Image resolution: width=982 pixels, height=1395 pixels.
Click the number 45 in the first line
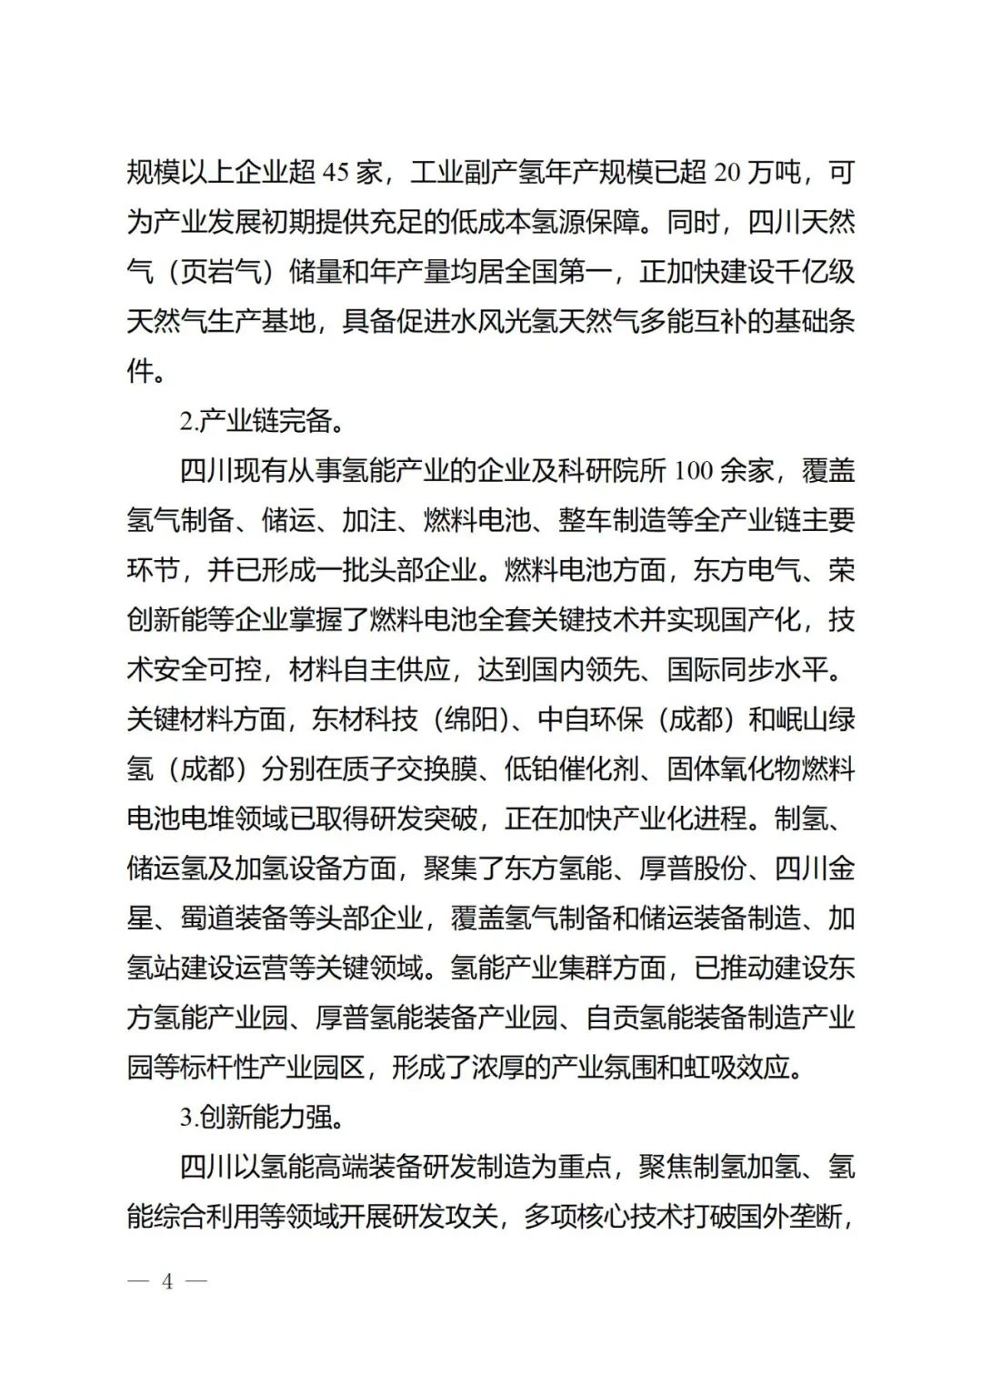(336, 172)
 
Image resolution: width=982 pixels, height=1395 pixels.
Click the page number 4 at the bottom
(167, 1281)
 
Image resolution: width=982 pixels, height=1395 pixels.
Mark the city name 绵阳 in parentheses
(471, 719)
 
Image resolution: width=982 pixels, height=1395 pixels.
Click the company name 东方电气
(747, 570)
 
